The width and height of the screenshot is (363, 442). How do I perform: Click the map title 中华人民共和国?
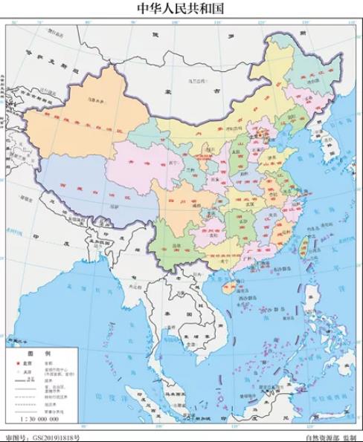point(181,9)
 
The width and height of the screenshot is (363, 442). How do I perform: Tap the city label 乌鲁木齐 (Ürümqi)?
point(95,98)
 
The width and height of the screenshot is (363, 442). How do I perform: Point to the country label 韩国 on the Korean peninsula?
point(325,160)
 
